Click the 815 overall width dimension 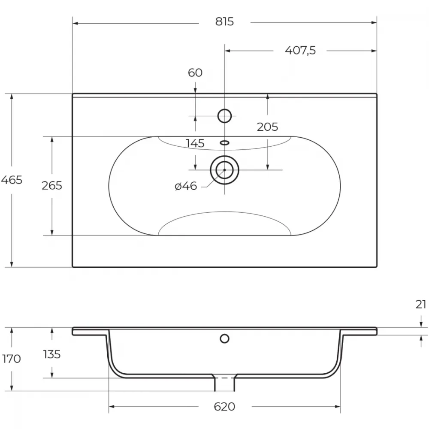224,21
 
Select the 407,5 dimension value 300,50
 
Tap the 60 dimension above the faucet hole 195,73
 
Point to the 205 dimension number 267,127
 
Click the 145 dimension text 195,143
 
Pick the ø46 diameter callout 186,186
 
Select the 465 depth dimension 12,180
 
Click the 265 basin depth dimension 52,185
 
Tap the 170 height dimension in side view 12,359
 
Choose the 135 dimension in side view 52,354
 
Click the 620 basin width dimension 224,407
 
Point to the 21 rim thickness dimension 421,304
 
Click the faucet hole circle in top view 225,110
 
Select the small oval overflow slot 225,142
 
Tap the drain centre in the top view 225,170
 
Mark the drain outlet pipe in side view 225,383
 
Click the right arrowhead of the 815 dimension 374,23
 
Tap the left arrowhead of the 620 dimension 112,407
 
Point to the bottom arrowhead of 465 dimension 12,264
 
